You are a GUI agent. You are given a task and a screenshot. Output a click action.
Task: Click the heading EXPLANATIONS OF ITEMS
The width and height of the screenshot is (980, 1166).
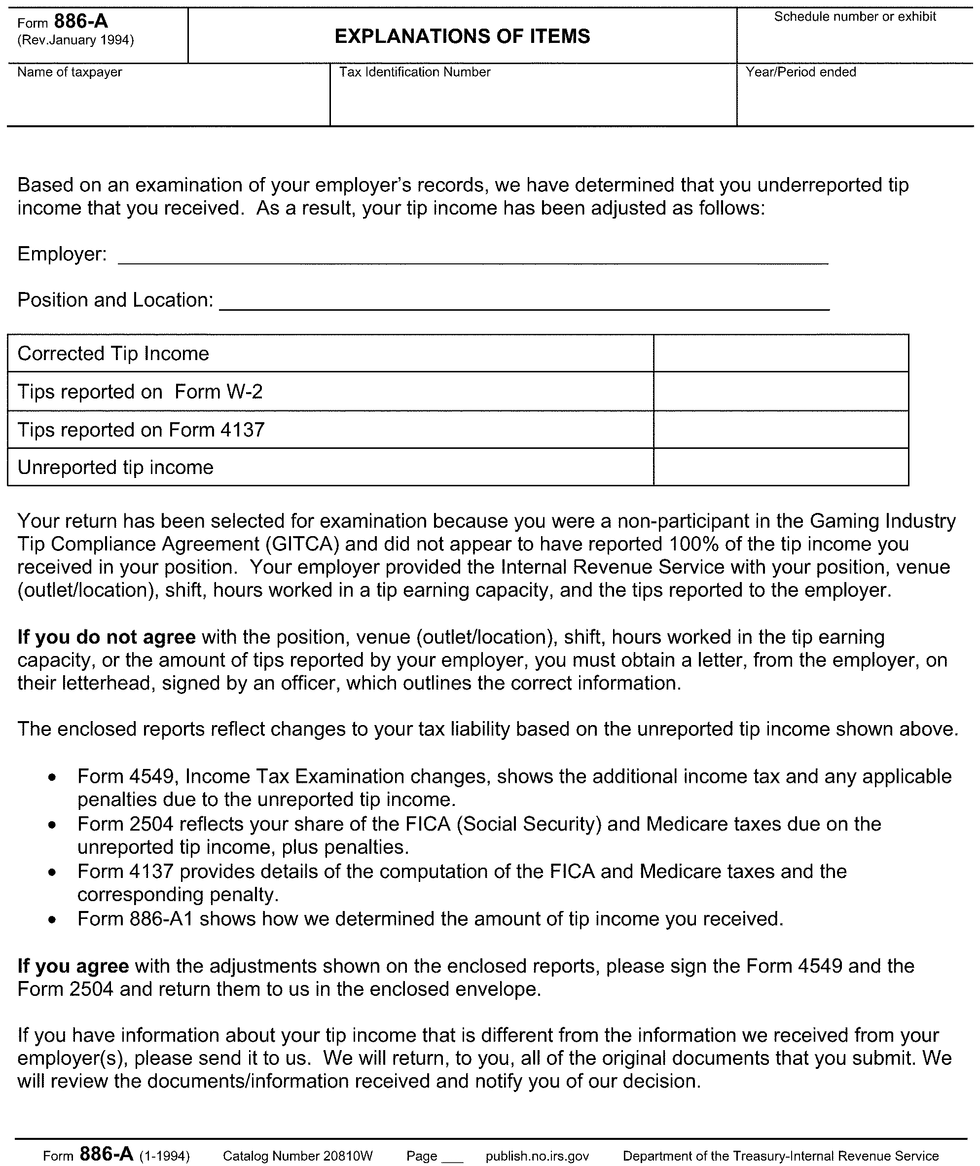click(462, 36)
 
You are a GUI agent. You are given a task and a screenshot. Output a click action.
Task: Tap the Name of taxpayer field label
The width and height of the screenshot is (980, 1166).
click(70, 72)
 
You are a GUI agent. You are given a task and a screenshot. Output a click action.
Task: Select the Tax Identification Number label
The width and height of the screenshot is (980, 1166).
click(414, 72)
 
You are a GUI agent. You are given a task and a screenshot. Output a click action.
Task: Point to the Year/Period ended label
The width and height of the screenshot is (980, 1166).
click(800, 72)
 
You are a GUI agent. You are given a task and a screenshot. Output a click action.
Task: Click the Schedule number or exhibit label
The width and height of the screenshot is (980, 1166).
click(855, 17)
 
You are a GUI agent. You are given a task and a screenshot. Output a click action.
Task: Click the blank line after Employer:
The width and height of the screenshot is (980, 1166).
click(472, 256)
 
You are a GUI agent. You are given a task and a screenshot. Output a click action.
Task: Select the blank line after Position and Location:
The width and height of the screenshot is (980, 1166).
click(524, 303)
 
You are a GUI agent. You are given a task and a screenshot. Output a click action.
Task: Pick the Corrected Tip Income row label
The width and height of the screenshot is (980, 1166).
click(113, 354)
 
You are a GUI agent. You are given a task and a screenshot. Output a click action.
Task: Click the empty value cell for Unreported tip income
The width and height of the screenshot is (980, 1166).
click(781, 467)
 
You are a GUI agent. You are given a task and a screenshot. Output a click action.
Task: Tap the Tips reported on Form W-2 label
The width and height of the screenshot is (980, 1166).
click(140, 392)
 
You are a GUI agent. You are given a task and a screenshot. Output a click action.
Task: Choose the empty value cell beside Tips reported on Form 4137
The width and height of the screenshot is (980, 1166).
click(781, 430)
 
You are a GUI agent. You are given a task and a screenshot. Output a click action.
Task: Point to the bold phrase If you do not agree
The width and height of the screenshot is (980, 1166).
click(106, 637)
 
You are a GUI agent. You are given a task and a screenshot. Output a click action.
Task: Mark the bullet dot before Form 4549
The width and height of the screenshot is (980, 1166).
click(52, 778)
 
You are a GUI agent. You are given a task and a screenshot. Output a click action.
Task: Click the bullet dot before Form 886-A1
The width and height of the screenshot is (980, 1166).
click(52, 920)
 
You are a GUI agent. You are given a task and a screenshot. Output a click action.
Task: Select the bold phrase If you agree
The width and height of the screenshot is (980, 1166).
click(73, 967)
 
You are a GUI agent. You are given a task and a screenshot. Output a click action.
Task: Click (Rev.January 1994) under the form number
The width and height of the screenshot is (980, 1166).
click(75, 40)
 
